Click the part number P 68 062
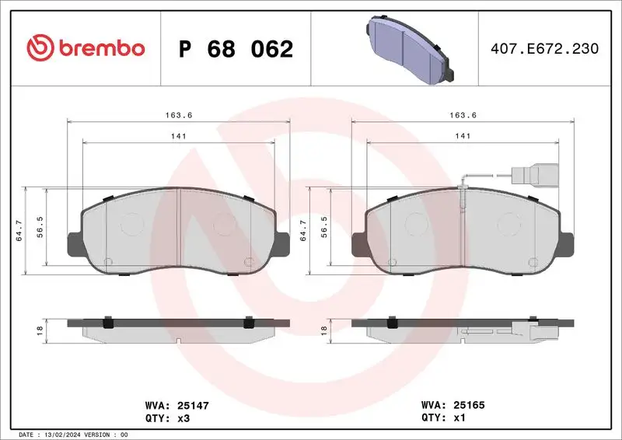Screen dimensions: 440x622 tap(236, 49)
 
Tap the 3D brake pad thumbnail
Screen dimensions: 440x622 tap(409, 48)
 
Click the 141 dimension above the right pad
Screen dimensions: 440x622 tap(463, 135)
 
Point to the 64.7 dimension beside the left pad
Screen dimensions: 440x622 tap(19, 230)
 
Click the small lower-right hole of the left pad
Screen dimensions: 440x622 tap(248, 261)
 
